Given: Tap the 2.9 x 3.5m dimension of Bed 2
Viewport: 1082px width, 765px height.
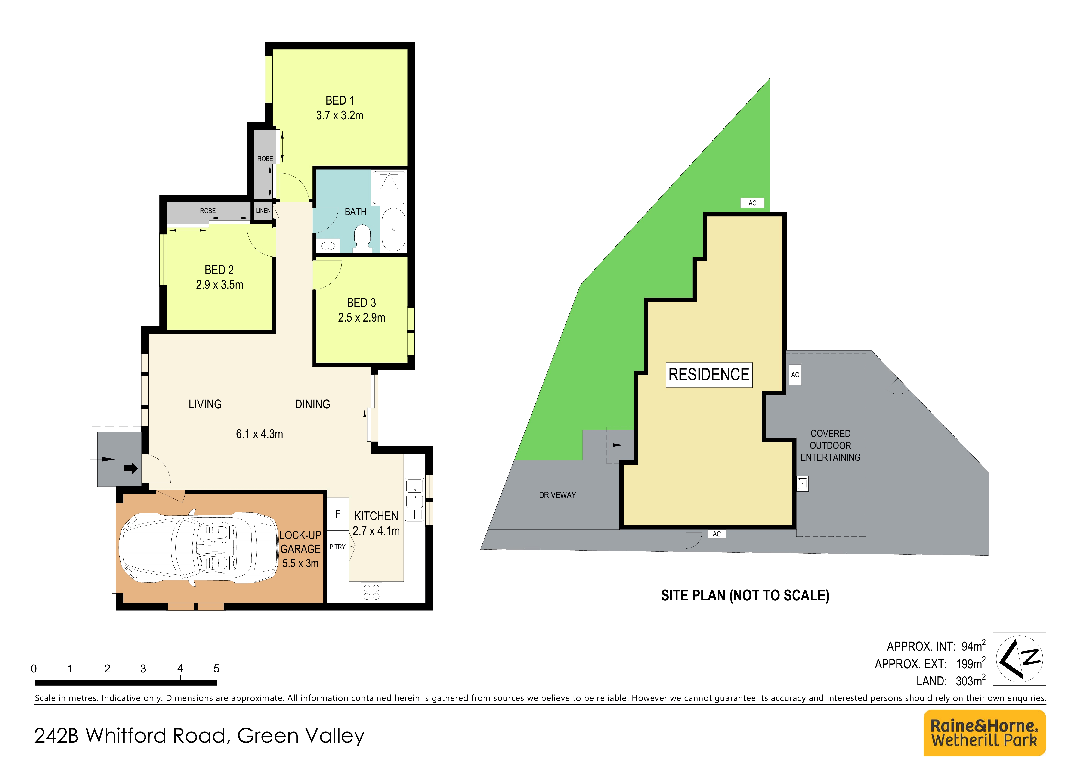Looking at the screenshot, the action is click(x=219, y=285).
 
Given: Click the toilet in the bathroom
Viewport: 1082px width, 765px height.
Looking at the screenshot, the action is click(x=362, y=237).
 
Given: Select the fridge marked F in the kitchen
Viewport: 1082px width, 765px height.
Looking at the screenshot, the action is click(x=338, y=514).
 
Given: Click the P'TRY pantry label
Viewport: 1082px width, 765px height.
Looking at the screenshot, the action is click(x=337, y=547).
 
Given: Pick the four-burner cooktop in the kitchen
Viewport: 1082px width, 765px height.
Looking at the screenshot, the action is click(x=371, y=592).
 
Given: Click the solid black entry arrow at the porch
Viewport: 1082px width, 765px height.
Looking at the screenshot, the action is click(x=130, y=468).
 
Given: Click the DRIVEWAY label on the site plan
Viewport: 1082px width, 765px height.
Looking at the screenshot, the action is click(x=557, y=495).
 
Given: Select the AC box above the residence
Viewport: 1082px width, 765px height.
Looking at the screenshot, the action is click(x=753, y=203).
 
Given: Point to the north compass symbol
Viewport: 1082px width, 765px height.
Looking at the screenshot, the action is click(x=1020, y=659).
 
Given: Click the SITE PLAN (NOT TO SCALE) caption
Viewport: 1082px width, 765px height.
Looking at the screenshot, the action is click(x=745, y=596).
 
